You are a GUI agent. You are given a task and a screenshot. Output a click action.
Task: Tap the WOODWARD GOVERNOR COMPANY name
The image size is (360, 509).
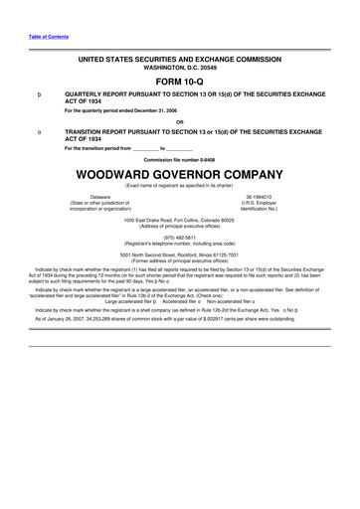point(179,175)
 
